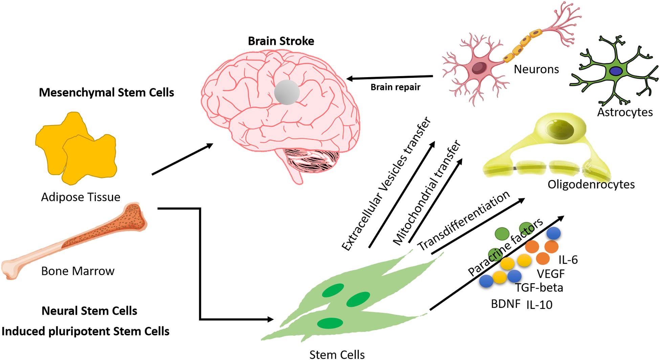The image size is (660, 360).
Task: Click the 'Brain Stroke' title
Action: click(x=281, y=41)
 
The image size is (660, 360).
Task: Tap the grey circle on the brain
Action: click(x=287, y=92)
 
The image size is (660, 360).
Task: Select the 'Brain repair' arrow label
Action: click(x=395, y=87)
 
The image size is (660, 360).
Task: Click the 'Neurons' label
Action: click(x=536, y=69)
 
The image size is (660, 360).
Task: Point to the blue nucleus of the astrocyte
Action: click(x=615, y=71)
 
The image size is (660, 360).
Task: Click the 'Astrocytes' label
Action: click(x=625, y=112)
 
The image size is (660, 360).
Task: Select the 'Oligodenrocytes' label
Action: click(x=591, y=184)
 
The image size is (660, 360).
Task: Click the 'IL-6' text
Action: click(x=568, y=260)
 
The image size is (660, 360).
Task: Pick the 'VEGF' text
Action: click(x=551, y=274)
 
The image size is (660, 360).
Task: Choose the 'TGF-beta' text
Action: click(x=539, y=288)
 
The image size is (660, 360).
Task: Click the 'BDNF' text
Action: click(x=505, y=304)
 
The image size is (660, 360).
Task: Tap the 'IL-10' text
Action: click(x=539, y=305)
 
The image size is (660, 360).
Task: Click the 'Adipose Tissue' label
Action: click(x=81, y=197)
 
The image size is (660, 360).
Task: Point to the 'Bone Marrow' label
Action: click(x=78, y=271)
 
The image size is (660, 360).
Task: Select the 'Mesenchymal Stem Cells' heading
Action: click(x=106, y=92)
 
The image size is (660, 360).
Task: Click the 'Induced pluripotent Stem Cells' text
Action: click(x=85, y=331)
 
